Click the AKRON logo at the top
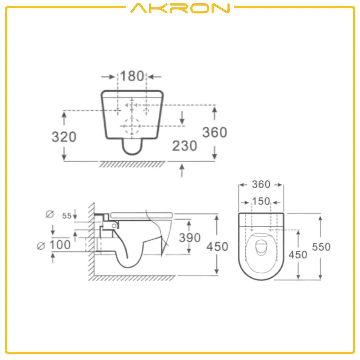pos(180,8)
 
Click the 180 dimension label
pos(132,76)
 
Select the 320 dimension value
pos(64,137)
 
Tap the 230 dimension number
pos(184,146)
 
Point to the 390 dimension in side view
pos(190,238)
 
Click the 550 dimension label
pos(321,247)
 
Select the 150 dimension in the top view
pos(261,201)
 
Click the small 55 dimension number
pos(67,216)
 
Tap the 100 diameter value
pos(60,245)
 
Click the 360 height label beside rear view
pos(215,133)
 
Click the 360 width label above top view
pos(261,184)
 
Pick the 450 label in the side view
pos(217,247)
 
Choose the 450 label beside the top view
pos(298,254)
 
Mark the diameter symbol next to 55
pos(49,214)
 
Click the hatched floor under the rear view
pos(132,164)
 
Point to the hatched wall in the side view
pos(90,240)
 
